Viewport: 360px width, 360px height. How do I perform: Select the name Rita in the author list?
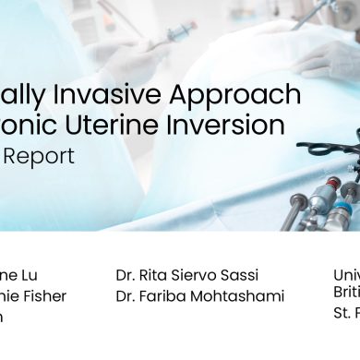[x=157, y=275]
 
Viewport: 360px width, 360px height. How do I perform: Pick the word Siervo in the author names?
[x=197, y=275]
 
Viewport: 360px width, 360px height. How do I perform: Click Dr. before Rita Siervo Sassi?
[x=126, y=275]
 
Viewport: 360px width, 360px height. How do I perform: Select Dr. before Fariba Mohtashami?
[x=126, y=296]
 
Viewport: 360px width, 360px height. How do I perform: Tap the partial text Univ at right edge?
[x=346, y=274]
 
